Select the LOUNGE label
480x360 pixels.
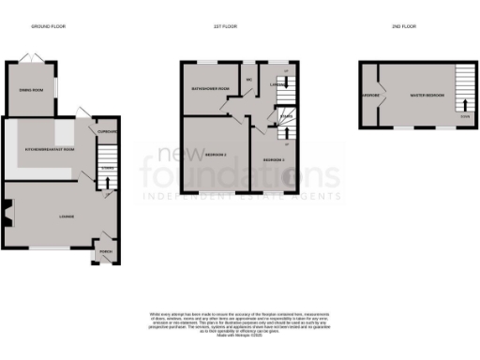66,217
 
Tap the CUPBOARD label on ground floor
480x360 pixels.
106,132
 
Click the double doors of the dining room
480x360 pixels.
35,58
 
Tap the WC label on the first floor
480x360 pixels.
249,80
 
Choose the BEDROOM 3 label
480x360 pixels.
273,160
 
